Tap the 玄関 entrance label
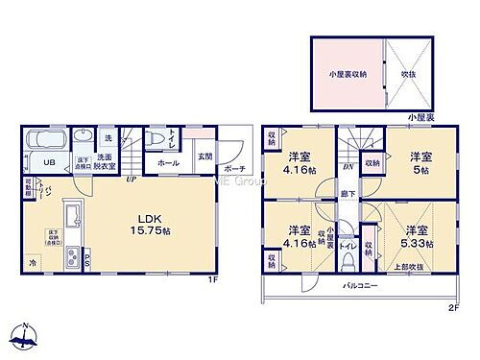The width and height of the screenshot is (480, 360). click(205, 157)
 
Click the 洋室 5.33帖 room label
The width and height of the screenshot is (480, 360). click(416, 236)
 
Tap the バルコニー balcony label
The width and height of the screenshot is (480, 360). click(360, 286)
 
